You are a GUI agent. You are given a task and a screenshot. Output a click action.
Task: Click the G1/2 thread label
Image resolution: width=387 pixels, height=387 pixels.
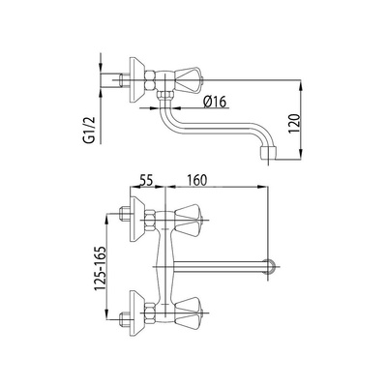tap(90, 130)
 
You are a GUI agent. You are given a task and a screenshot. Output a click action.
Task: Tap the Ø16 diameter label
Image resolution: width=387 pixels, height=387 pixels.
tap(215, 102)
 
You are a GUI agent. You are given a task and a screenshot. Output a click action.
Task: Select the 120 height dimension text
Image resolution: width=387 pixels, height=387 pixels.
tap(294, 124)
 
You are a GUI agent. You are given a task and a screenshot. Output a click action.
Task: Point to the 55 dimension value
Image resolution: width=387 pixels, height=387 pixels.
tap(146, 180)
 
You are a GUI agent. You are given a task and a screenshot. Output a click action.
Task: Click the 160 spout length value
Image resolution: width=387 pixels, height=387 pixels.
tap(195, 180)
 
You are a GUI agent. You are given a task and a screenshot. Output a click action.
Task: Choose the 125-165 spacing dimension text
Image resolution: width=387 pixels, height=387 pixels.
tap(100, 269)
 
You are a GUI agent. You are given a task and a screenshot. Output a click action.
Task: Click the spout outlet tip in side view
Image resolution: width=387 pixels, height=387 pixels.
tap(267, 154)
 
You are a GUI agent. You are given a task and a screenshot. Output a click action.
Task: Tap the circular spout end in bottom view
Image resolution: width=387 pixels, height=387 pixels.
tap(270, 267)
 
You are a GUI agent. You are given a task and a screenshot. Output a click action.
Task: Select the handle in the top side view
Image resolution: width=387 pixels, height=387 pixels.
tap(189, 79)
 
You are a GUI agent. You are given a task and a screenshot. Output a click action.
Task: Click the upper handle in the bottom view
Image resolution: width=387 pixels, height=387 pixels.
tap(189, 221)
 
